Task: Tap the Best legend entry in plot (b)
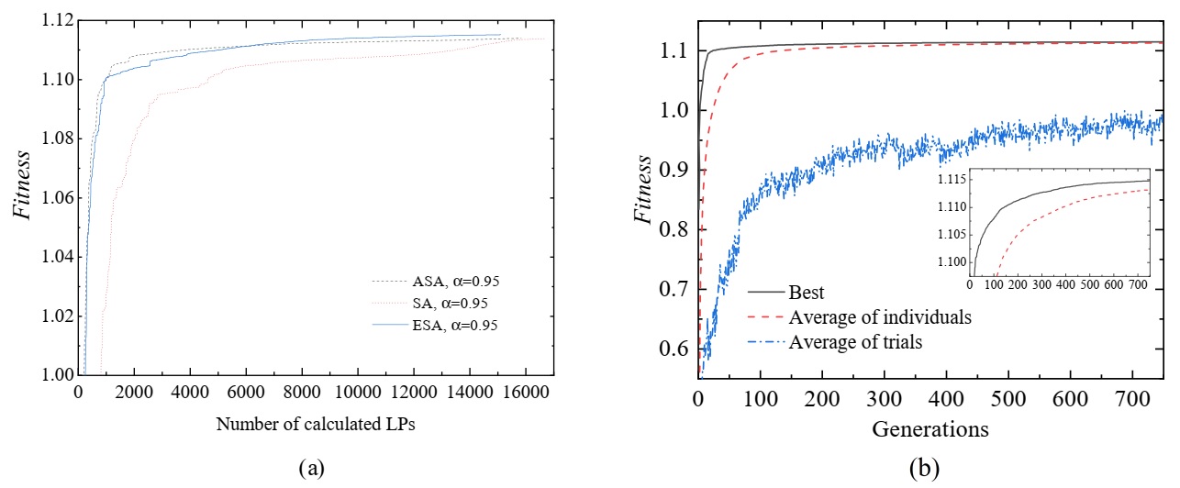807,294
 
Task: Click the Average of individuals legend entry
878,318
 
